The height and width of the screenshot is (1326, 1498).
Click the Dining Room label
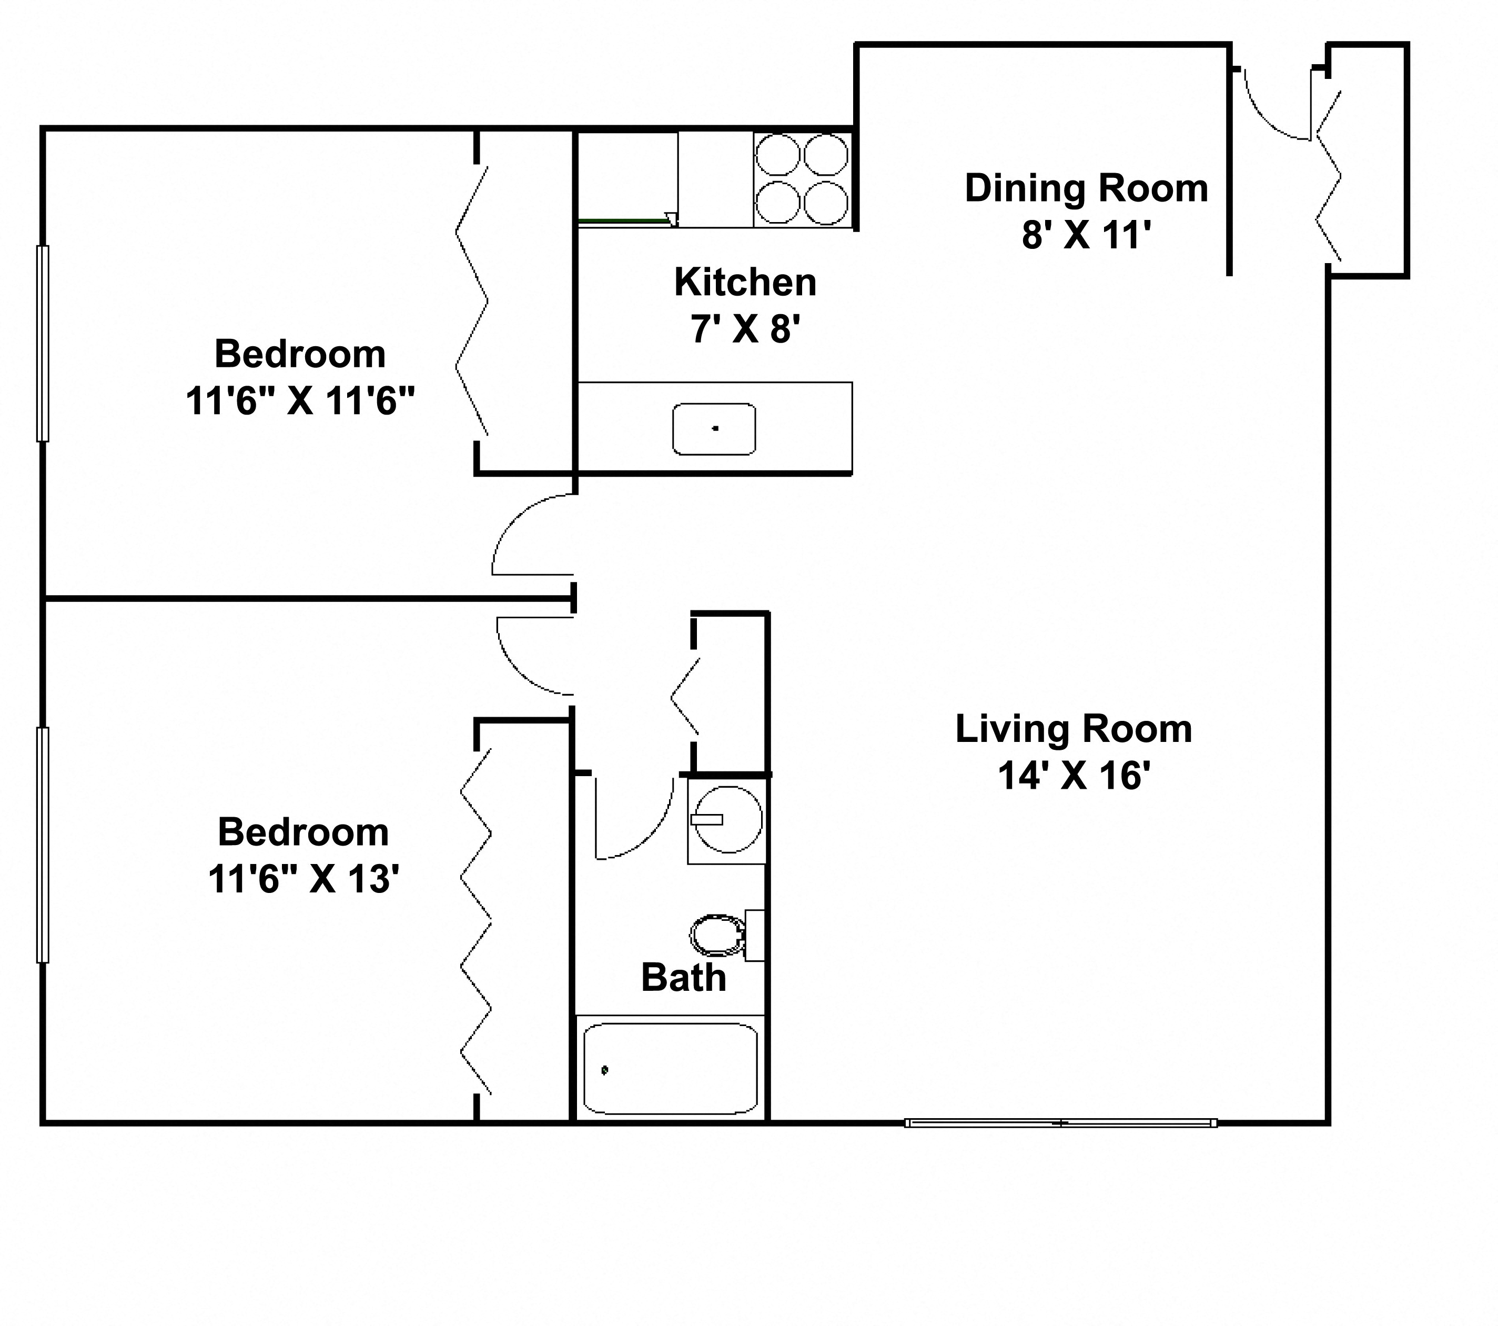(1086, 188)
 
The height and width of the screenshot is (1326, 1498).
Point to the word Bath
(683, 978)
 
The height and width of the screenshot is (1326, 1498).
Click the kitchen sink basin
(714, 428)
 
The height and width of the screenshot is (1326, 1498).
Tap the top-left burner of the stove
(777, 155)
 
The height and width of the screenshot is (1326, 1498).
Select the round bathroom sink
(728, 819)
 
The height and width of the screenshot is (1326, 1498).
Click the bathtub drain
(605, 1070)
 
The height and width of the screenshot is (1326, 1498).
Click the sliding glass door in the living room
(1060, 1122)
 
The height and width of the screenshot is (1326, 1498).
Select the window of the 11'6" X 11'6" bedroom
(43, 343)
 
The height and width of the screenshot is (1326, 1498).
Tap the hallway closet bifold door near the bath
(685, 696)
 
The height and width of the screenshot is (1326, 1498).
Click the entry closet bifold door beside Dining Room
(1329, 176)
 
